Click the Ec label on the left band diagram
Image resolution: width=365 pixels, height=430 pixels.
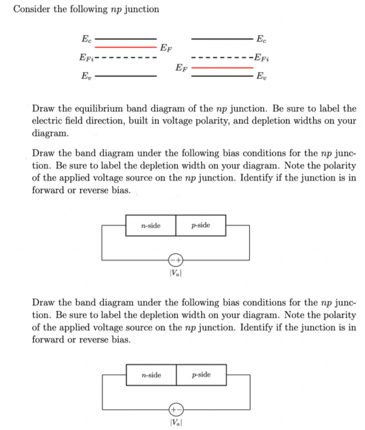[85, 38]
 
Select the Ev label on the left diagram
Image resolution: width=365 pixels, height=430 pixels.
[85, 76]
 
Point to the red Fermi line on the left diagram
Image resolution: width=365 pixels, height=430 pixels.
[126, 46]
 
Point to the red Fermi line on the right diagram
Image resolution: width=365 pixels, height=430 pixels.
[222, 68]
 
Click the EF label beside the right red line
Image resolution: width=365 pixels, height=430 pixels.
[182, 68]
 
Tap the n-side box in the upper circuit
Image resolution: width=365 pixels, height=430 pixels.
[150, 225]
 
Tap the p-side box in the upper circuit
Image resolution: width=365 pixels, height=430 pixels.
[200, 225]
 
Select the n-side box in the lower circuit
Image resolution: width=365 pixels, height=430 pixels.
[151, 375]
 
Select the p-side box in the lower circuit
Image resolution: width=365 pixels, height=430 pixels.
[201, 375]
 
